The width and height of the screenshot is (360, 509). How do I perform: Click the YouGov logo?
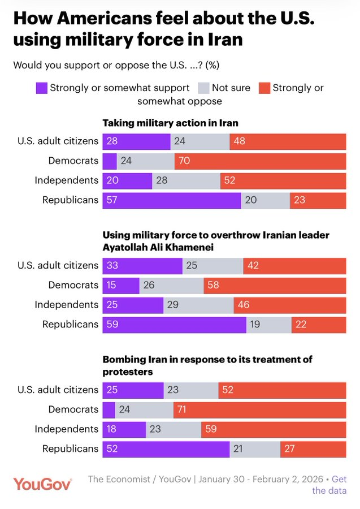(x=42, y=484)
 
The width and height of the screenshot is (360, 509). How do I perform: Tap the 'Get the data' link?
(x=329, y=485)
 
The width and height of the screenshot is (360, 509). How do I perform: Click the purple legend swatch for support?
(x=41, y=88)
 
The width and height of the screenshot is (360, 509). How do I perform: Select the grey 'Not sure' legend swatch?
(x=203, y=88)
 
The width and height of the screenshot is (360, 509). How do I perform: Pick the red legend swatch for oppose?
(x=264, y=88)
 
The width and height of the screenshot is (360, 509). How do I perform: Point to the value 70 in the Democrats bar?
(x=184, y=161)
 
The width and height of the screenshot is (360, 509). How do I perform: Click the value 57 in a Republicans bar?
(x=112, y=200)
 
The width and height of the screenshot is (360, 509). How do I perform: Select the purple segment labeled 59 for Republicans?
(x=174, y=325)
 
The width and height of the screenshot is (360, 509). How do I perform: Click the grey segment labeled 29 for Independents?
(x=198, y=305)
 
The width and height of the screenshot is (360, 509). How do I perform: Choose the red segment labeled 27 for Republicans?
(x=313, y=449)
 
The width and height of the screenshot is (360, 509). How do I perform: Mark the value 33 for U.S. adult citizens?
(x=112, y=266)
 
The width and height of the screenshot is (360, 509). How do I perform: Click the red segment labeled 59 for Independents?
(x=274, y=429)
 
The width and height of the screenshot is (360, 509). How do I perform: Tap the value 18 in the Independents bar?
(x=112, y=429)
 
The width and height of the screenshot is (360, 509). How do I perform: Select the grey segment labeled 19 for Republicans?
(x=268, y=325)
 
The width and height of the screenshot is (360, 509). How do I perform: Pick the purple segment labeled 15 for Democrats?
(x=120, y=286)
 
